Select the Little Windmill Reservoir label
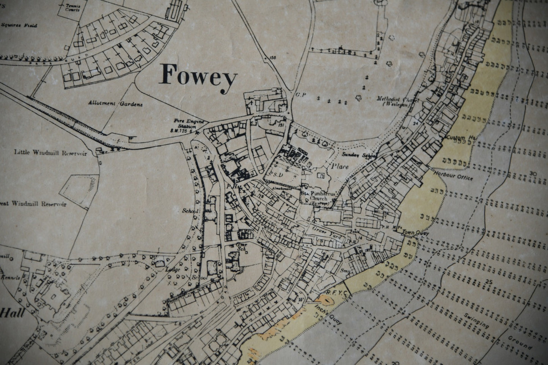coord(51,154)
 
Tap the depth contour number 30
coord(534,174)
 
